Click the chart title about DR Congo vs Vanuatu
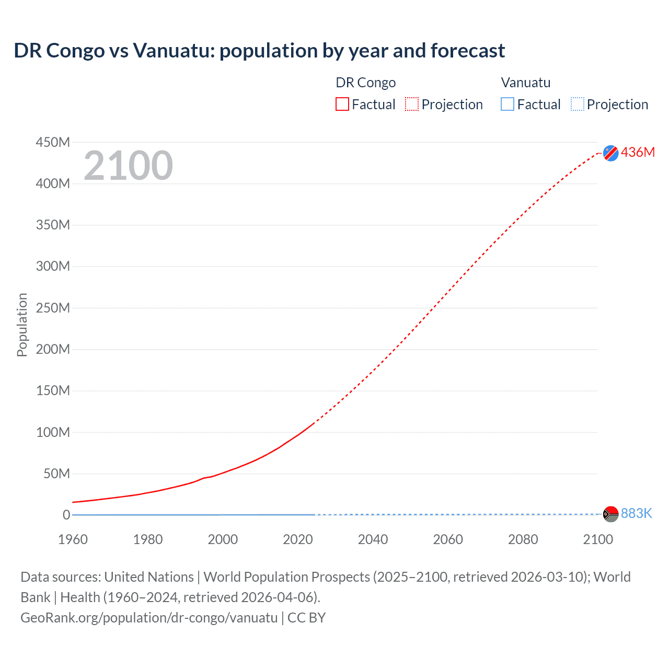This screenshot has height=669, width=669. click(x=259, y=51)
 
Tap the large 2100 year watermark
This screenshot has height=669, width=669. click(x=128, y=166)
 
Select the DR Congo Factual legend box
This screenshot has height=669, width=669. click(x=342, y=105)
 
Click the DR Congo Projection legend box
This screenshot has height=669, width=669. click(x=412, y=105)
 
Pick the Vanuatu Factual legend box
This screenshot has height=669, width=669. click(x=507, y=105)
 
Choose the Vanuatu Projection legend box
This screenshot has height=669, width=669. click(x=577, y=105)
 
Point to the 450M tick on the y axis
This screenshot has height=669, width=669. click(x=53, y=142)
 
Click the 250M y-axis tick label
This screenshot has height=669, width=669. click(x=53, y=308)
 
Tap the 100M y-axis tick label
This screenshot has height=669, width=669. click(x=53, y=432)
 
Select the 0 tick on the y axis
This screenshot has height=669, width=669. click(x=66, y=515)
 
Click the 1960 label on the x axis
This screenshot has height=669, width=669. click(x=73, y=539)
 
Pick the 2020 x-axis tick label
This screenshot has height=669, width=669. click(x=298, y=539)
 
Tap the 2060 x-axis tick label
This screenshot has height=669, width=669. click(x=448, y=539)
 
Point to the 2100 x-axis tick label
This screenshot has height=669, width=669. click(x=598, y=539)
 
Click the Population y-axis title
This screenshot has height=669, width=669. click(x=22, y=325)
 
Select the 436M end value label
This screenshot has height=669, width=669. click(x=638, y=152)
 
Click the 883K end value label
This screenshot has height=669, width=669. click(x=636, y=513)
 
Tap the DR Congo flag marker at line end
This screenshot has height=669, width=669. click(x=610, y=153)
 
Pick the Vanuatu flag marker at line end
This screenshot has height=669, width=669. click(x=610, y=514)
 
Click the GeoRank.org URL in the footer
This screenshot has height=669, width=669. click(x=149, y=618)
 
